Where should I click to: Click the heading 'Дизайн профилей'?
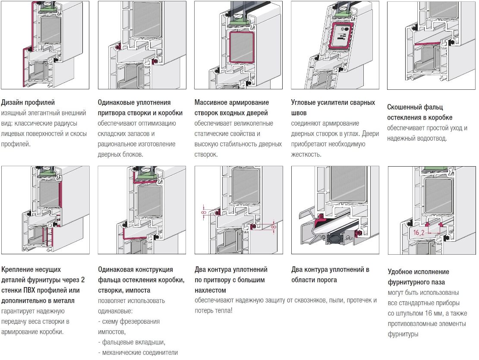click(28, 103)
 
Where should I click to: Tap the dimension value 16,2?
click(418, 233)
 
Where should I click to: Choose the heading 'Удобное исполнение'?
click(418, 272)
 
